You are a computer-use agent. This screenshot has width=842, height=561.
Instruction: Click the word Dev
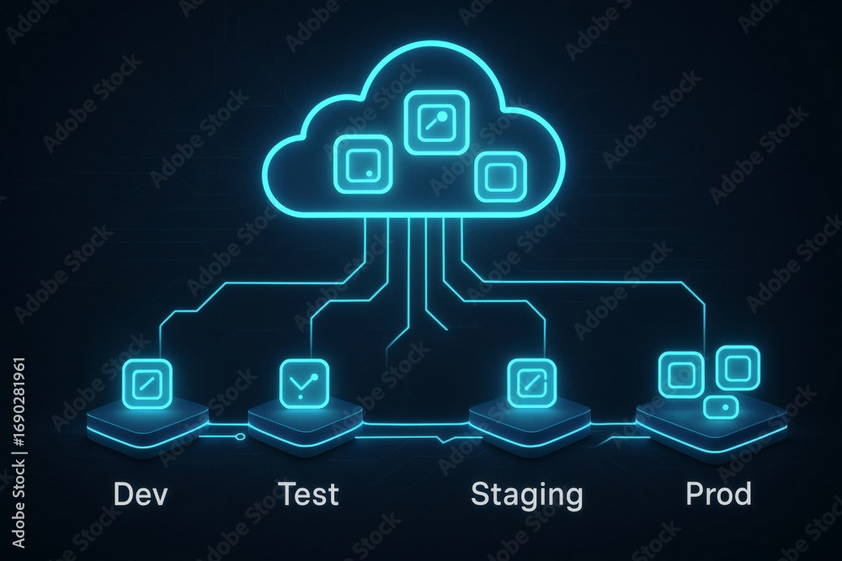(x=141, y=494)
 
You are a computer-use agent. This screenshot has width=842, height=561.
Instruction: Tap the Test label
(x=308, y=494)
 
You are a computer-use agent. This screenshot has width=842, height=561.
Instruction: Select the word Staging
(x=527, y=495)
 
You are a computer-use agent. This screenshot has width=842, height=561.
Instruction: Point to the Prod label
(x=718, y=494)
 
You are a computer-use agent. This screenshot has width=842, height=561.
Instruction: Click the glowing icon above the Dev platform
(x=147, y=384)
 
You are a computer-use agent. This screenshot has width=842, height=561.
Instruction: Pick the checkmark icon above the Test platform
(x=304, y=384)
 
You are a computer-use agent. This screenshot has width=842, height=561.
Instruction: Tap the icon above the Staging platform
(x=531, y=384)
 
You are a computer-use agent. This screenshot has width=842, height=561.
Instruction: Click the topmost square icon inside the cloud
(x=436, y=122)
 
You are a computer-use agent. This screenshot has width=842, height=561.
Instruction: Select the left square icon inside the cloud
(x=363, y=164)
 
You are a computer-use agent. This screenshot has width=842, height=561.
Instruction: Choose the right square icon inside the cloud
(x=500, y=177)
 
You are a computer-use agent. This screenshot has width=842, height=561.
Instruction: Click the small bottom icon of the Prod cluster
(x=721, y=408)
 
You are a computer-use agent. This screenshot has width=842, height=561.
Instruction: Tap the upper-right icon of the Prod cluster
(x=738, y=368)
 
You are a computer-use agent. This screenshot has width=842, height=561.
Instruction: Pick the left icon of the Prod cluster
(x=681, y=374)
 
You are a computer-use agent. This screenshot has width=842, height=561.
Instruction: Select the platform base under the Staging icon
(x=530, y=426)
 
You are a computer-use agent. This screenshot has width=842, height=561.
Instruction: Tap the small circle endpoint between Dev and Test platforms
(x=240, y=437)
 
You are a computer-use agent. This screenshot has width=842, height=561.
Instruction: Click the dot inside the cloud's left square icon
(x=369, y=173)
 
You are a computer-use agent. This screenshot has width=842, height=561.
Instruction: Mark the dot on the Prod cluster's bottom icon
(x=726, y=408)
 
